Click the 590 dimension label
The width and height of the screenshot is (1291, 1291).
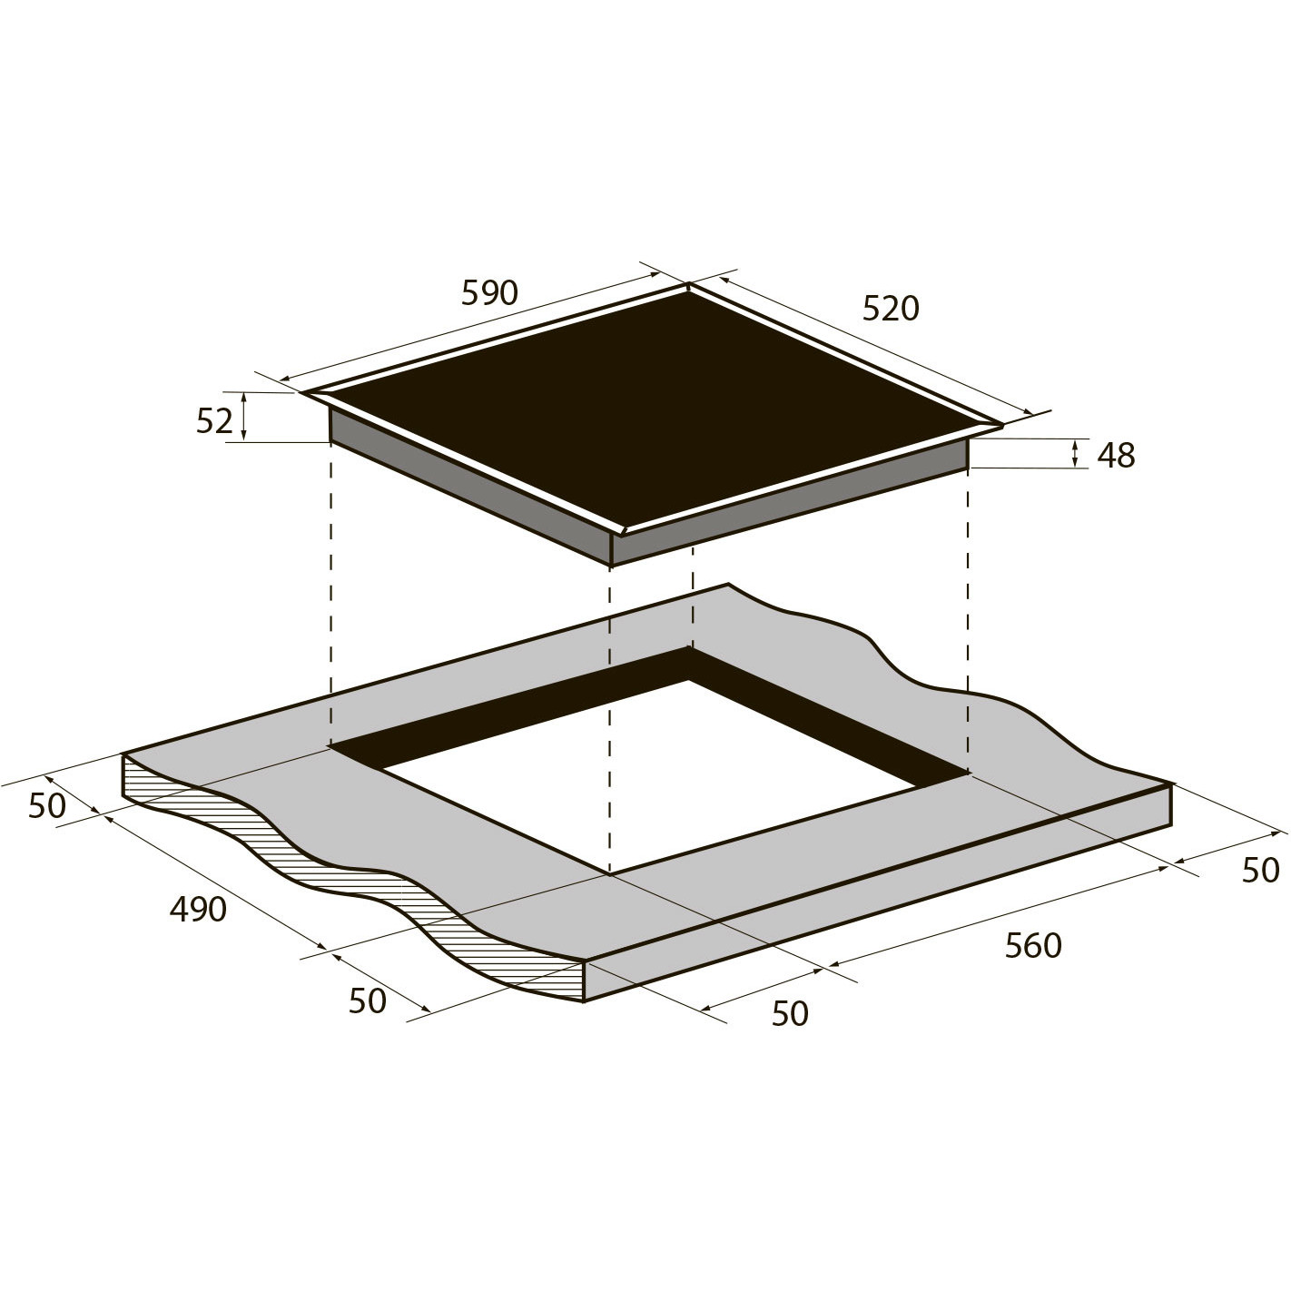click(489, 292)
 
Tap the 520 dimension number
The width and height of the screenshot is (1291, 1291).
click(891, 308)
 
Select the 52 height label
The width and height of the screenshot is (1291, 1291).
click(214, 420)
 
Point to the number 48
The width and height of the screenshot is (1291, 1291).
click(1116, 456)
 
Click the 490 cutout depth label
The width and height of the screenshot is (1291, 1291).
click(198, 909)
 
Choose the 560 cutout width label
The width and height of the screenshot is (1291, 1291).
click(1033, 945)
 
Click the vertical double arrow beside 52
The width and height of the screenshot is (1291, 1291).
click(244, 416)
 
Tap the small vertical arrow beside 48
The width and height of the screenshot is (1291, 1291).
click(1075, 454)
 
